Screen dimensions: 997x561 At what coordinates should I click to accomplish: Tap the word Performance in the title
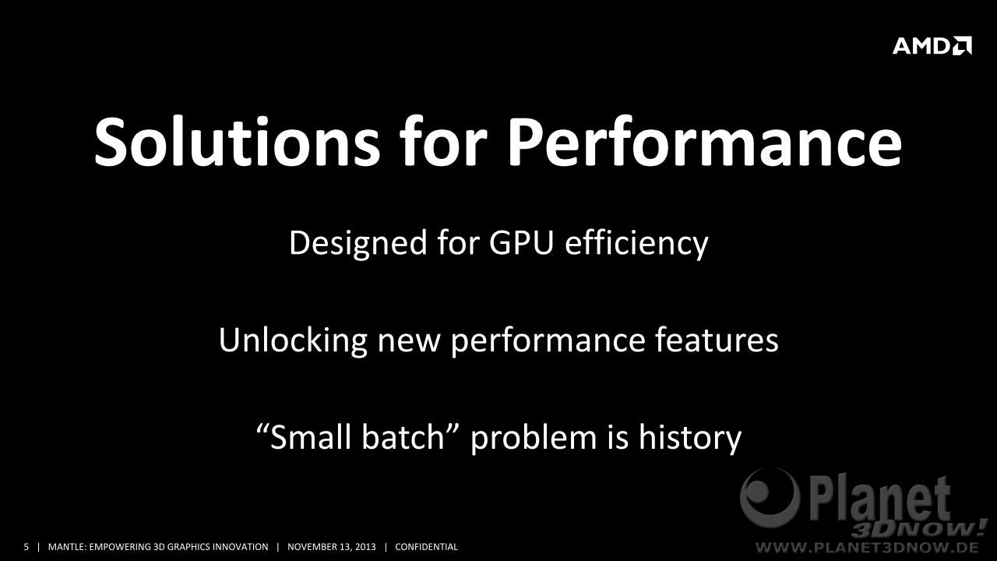point(705,142)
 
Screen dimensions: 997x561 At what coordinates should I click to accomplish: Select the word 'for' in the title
point(444,141)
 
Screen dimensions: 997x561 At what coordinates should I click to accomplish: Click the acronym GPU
point(521,243)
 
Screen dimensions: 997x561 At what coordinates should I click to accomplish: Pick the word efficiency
point(636,243)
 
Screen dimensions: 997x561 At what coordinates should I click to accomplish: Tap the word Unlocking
point(293,340)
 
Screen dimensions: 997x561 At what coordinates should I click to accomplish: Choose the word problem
point(534,438)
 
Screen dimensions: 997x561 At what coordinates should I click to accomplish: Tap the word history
point(690,438)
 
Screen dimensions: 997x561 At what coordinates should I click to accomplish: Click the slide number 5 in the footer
point(26,547)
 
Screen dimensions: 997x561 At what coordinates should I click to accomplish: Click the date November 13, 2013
point(332,547)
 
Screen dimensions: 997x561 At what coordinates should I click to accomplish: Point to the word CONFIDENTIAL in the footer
point(426,547)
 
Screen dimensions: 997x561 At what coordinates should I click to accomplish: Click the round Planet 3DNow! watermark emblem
point(770,498)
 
